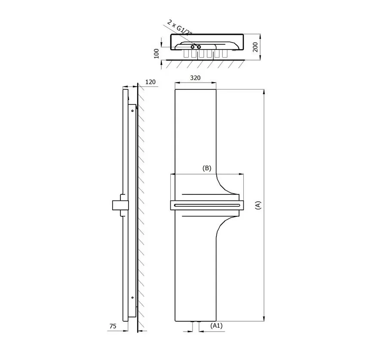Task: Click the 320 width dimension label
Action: [195, 78]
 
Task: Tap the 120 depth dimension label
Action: [150, 82]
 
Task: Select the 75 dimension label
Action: [113, 326]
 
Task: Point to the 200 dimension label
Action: [255, 47]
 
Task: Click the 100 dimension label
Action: [157, 54]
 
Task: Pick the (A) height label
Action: [258, 206]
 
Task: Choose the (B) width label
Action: [207, 168]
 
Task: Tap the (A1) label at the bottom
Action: [216, 326]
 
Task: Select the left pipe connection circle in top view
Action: [193, 47]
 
